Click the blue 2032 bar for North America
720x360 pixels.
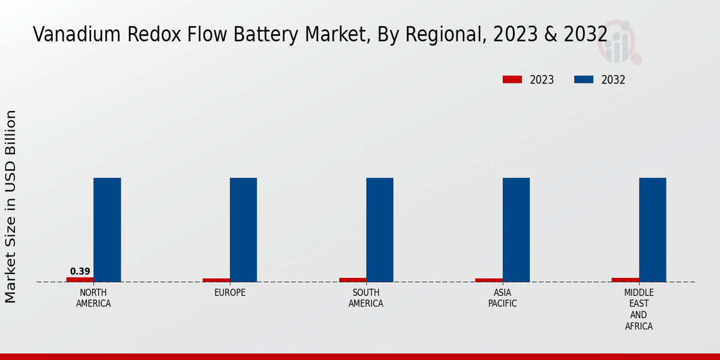click(x=107, y=229)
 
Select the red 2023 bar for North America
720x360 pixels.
click(x=80, y=280)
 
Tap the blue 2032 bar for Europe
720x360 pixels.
click(x=243, y=229)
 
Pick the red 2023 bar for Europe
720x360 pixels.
click(x=216, y=280)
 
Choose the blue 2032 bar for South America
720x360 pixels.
click(x=380, y=229)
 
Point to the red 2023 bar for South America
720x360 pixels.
click(x=353, y=280)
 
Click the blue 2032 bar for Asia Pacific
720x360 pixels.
click(x=516, y=229)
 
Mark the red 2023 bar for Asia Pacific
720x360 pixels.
click(x=489, y=280)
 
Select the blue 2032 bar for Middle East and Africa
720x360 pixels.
click(x=652, y=229)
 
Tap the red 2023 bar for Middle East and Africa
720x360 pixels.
click(x=625, y=280)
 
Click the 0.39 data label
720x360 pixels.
click(x=80, y=271)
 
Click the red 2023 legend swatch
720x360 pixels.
click(x=512, y=80)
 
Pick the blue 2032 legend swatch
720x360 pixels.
click(x=584, y=80)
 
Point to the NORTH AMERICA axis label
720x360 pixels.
click(x=93, y=298)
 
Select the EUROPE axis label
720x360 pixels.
click(x=230, y=293)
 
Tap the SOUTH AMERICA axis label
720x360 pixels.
click(x=366, y=298)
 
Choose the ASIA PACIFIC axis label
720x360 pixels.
click(x=503, y=298)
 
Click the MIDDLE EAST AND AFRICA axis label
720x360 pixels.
click(x=639, y=310)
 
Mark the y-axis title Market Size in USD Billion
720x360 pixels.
click(x=11, y=206)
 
